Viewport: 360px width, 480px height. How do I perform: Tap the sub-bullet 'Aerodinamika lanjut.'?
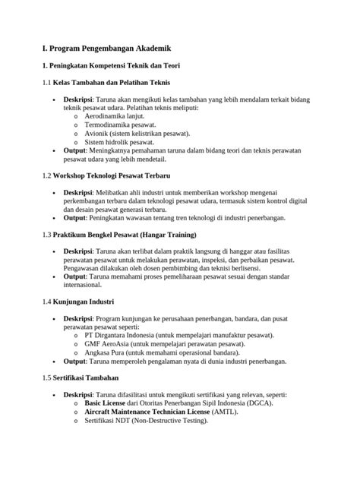(118, 116)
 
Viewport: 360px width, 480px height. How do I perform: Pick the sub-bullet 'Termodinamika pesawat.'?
(122, 125)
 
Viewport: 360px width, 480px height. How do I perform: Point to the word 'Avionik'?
(96, 133)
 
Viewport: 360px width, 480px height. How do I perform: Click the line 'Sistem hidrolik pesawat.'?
(119, 141)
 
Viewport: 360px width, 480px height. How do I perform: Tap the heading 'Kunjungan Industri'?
(83, 302)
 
